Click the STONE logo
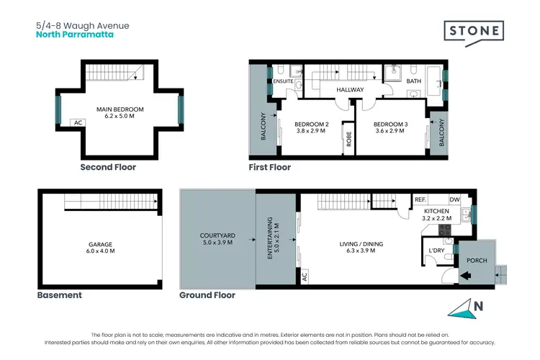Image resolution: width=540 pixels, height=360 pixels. point(473,32)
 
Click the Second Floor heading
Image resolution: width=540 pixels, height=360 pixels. point(107,167)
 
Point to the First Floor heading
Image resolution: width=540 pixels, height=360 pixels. point(269,167)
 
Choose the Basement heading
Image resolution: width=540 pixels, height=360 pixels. point(59,295)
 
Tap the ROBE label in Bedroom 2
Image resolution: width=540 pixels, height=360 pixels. point(348,142)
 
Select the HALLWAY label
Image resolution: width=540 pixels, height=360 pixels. point(350,90)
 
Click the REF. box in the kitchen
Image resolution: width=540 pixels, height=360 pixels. point(420,199)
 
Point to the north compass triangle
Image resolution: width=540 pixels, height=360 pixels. point(462,309)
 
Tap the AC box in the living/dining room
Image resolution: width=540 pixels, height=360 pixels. point(305,275)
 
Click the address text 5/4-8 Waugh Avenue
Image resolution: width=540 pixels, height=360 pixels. point(82,25)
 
